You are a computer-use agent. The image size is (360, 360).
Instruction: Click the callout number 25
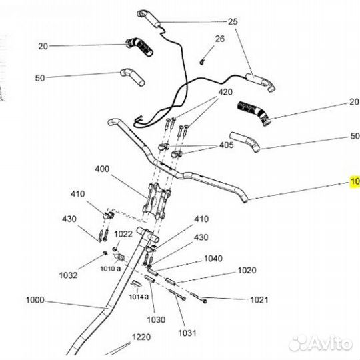232,22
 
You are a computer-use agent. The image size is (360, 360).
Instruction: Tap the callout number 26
221,39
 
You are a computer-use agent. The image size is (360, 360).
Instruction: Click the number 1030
155,319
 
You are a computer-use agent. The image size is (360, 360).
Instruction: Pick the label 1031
188,332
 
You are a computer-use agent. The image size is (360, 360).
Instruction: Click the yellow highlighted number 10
355,181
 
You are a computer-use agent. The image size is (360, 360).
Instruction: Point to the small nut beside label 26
201,62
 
